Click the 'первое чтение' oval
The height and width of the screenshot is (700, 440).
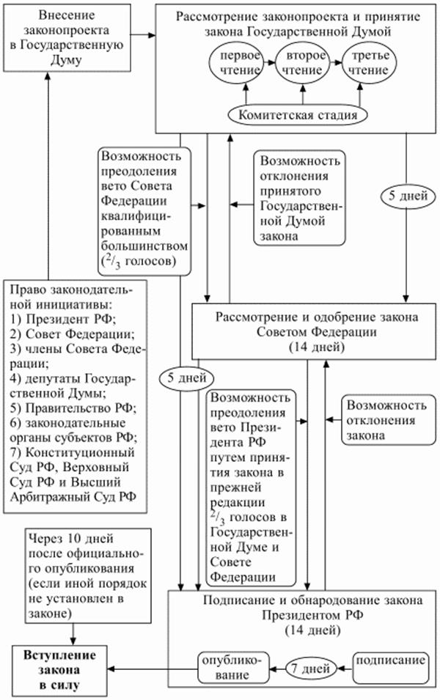pos(235,65)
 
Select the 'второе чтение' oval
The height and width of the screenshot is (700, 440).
pos(302,65)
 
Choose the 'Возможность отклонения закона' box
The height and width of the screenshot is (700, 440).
pos(386,419)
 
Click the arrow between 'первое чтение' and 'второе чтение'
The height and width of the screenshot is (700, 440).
pos(268,65)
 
